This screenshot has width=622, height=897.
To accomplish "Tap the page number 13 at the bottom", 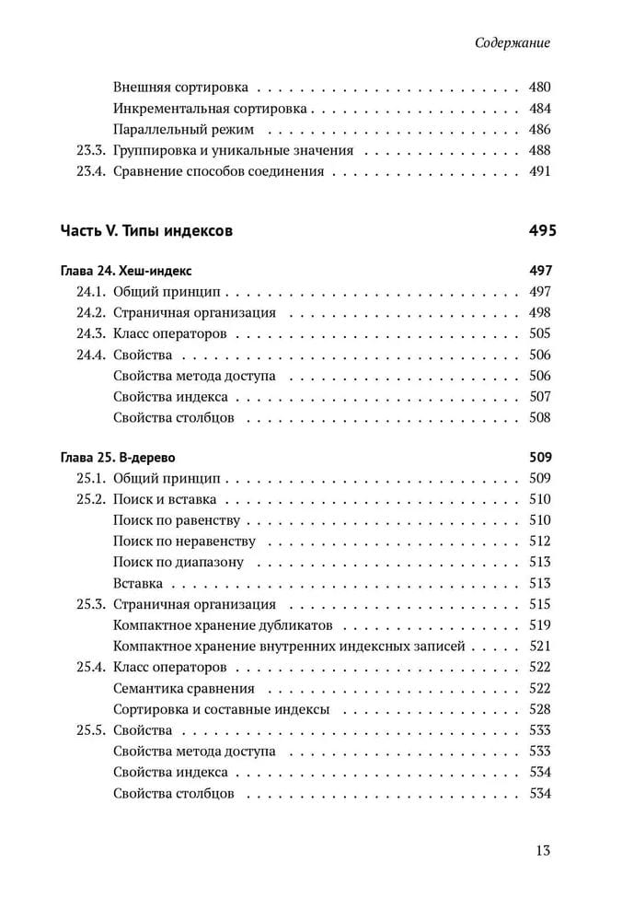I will coord(542,849).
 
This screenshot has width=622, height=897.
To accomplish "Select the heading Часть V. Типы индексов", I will coord(146,230).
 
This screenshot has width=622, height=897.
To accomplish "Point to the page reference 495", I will coord(543,230).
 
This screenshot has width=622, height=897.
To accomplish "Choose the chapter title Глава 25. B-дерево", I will coord(118,457).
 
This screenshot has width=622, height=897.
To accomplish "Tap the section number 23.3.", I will coord(91,150).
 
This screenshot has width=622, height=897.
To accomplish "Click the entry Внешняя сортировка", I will coord(180,88).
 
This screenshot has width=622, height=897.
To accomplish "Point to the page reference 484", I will coord(540,109).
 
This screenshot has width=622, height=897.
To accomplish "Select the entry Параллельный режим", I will coord(183,130).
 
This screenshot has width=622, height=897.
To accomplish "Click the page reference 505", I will coord(540,333).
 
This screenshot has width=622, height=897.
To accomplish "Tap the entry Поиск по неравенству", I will coord(185,542).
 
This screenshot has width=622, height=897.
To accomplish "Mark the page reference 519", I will coord(540,625).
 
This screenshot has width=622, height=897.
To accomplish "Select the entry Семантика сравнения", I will coord(184,688).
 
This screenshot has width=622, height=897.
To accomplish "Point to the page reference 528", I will coord(540,709).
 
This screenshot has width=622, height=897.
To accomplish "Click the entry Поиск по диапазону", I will coord(179,563).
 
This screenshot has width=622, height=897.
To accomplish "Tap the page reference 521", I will coord(540,647).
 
